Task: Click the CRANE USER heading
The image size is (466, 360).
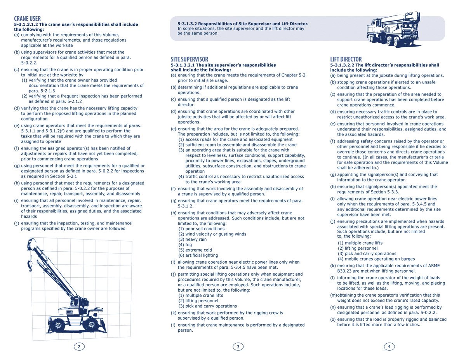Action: click(27, 19)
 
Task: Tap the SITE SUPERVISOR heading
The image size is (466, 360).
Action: click(190, 59)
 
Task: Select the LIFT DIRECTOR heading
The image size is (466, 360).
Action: click(346, 59)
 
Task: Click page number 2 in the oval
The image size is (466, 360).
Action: click(79, 346)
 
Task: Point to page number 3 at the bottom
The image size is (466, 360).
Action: click(238, 346)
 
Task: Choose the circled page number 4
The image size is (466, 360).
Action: click(389, 346)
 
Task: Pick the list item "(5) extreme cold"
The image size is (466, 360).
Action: click(195, 250)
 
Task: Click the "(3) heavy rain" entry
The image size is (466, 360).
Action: click(193, 240)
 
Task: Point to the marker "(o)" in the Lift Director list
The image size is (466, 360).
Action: click(333, 319)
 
